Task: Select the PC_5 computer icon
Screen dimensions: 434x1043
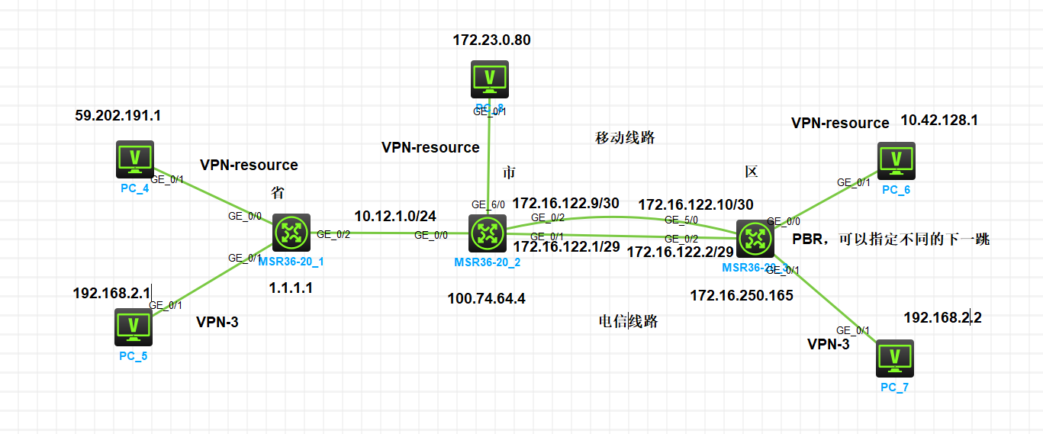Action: (x=133, y=326)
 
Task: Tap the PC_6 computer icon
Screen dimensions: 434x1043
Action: (x=897, y=162)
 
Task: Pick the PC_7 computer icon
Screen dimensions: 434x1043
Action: (x=896, y=358)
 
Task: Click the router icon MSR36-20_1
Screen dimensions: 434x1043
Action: (x=291, y=232)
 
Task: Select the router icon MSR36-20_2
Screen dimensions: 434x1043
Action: (x=488, y=233)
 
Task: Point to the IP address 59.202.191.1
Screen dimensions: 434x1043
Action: (x=117, y=116)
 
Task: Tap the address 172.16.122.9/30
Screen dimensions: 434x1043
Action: (x=565, y=204)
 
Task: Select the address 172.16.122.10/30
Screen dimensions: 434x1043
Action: (x=695, y=204)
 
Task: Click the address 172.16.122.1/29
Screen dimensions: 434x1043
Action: (x=566, y=247)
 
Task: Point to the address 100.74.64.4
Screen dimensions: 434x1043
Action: (x=486, y=298)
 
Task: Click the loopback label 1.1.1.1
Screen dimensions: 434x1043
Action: (x=291, y=288)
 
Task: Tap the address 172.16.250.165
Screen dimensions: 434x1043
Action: (x=742, y=295)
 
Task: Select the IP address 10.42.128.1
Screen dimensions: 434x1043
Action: (x=939, y=120)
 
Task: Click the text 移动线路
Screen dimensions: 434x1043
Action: (x=625, y=138)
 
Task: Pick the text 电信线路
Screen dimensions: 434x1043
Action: (x=628, y=321)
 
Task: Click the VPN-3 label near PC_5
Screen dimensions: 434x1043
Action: (x=217, y=322)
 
